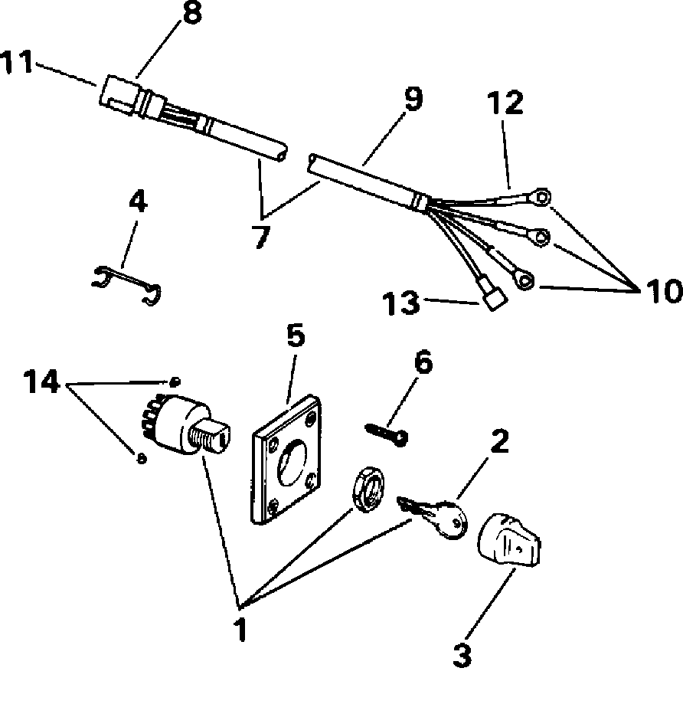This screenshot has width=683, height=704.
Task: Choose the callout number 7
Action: [x=260, y=236]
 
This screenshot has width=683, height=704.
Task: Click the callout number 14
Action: [x=41, y=381]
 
